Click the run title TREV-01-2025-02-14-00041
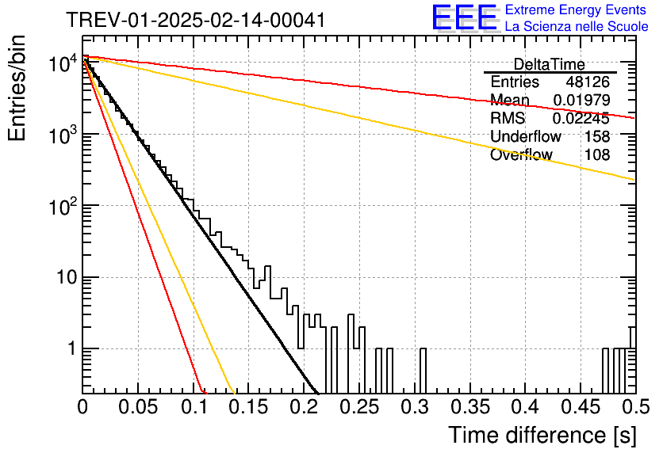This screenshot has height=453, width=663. point(196,20)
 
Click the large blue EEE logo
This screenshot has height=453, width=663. point(465,17)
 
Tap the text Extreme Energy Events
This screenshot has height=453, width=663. point(576,10)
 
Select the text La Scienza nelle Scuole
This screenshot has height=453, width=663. point(577,27)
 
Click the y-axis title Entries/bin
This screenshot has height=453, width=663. point(17,88)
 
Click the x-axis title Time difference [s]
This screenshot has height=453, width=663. point(542,435)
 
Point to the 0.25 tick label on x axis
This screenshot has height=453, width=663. point(359,407)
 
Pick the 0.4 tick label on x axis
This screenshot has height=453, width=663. point(526,407)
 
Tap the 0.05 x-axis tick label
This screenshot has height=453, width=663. point(138,407)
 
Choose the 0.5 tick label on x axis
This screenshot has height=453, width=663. point(635,407)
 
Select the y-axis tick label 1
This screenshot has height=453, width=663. point(71,348)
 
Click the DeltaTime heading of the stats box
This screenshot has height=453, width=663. point(550,64)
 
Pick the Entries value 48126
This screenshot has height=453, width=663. point(588,82)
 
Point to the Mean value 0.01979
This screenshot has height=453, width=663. point(582,100)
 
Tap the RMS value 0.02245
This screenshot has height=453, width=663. point(581,119)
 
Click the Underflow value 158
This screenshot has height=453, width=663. point(597,136)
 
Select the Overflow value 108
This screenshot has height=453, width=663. point(597,155)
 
